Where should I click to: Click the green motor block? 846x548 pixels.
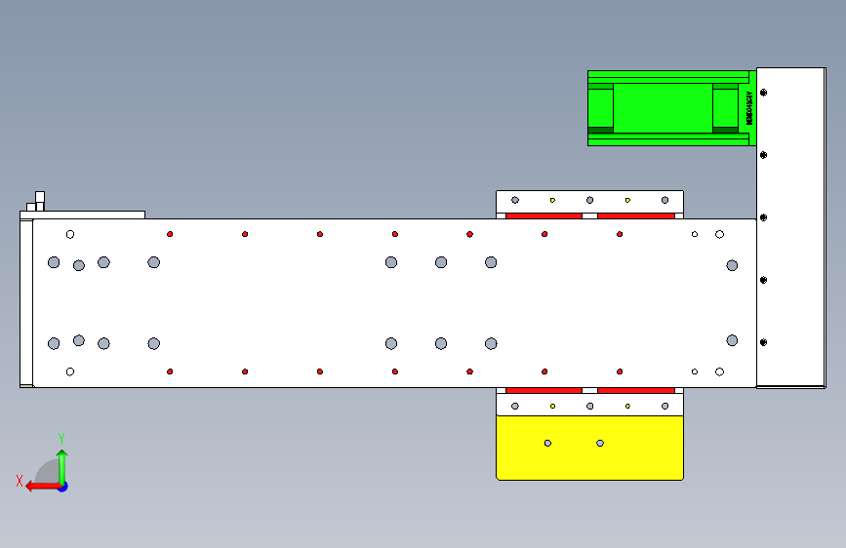(663, 107)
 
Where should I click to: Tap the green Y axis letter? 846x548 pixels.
(61, 438)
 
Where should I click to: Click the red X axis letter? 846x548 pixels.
(20, 481)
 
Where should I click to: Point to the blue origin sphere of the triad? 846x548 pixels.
(61, 486)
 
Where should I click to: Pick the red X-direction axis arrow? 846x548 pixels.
(39, 486)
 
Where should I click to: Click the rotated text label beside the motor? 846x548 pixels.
(749, 108)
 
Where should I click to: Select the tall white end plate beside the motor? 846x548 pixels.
(790, 226)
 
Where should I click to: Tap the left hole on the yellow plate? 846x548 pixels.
(547, 443)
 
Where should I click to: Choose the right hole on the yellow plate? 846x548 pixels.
(600, 443)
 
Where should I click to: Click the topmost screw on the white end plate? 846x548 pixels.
(764, 93)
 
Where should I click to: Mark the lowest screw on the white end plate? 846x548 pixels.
(764, 342)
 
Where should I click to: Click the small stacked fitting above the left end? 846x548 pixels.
(40, 202)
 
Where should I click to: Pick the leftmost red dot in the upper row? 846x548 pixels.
(170, 234)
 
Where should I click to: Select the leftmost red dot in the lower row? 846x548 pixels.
(170, 372)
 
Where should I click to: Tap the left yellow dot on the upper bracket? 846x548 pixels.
(552, 200)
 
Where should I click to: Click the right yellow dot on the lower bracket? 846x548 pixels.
(627, 406)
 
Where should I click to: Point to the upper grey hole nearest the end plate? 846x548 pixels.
(732, 265)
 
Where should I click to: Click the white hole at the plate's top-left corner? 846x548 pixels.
(70, 234)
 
